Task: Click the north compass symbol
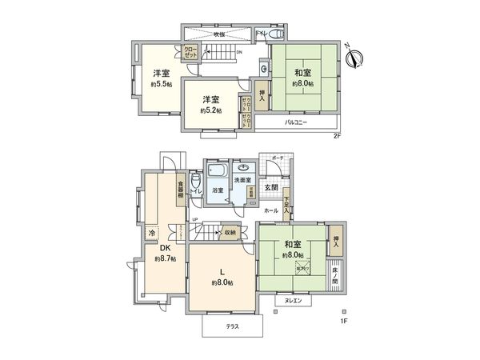tap(358, 56)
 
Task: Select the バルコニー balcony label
tap(297, 122)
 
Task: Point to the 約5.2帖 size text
tap(210, 110)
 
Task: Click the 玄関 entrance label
tap(271, 188)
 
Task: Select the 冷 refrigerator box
tap(151, 233)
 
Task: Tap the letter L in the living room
tap(222, 271)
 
